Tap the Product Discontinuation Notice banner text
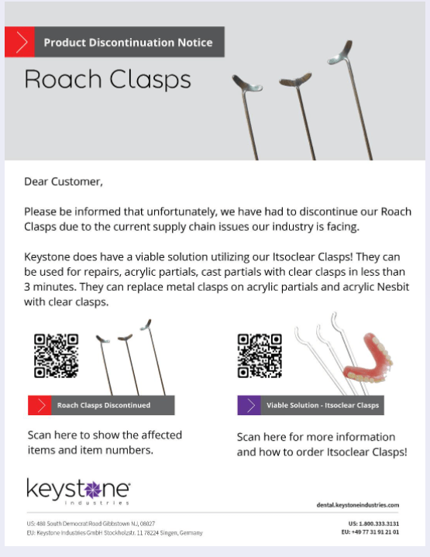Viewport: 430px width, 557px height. point(128,43)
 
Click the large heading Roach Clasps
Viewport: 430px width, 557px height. point(108,80)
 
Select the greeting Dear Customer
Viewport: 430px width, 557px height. point(64,182)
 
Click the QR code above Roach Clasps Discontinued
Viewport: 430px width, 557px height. point(56,356)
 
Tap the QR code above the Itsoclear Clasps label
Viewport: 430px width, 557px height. point(260,356)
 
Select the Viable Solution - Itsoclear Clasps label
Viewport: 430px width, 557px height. point(322,405)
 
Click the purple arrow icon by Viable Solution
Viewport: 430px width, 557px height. point(249,405)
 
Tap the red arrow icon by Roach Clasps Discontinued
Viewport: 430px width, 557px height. point(40,405)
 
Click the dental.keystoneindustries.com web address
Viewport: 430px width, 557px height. point(357,504)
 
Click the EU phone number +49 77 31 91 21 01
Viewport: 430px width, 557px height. point(370,532)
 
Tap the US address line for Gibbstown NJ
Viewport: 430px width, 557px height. point(91,524)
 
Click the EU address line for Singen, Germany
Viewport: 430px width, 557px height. point(115,533)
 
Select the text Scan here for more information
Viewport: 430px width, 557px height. point(316,437)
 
